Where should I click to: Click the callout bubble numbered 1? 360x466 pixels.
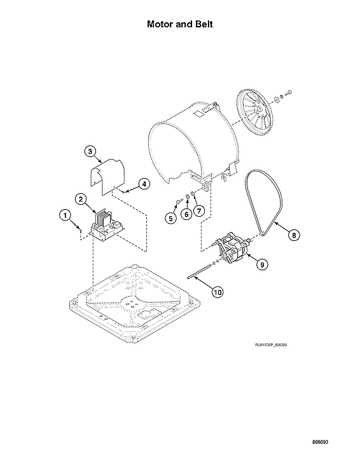point(64,215)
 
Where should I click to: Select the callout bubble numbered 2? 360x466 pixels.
point(81,199)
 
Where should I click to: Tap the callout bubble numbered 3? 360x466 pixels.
point(90,151)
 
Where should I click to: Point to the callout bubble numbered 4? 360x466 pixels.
point(144,184)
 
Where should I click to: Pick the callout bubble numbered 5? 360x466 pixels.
point(170,218)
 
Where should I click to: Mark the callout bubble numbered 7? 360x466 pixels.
point(198,210)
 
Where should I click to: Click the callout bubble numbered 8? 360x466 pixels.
point(294,235)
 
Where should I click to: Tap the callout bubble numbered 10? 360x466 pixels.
point(218,292)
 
